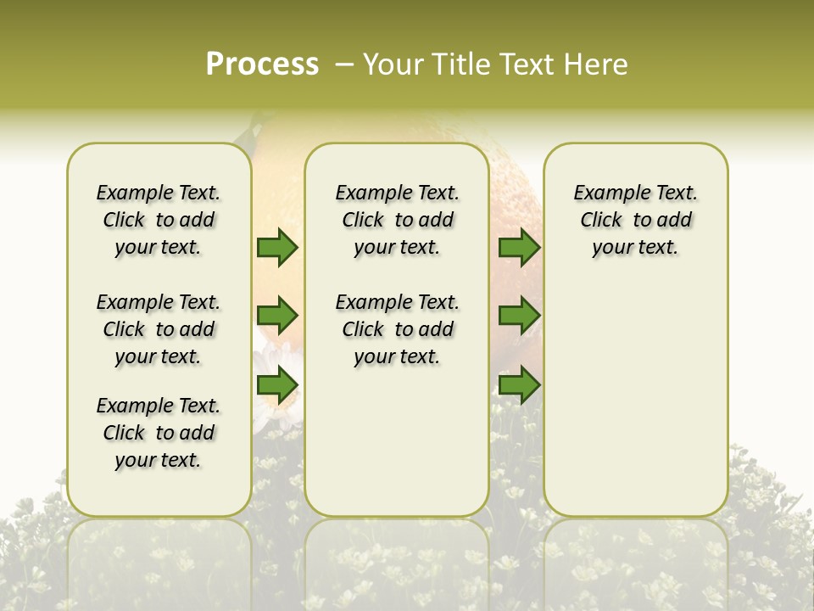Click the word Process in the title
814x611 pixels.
262,64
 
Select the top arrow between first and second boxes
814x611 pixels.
277,247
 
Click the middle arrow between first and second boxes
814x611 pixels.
277,316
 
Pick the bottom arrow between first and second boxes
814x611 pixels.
277,386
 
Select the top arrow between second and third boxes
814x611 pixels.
519,247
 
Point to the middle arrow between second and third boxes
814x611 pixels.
519,316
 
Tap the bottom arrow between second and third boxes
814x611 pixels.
519,386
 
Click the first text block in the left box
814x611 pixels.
159,220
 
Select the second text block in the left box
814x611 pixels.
159,329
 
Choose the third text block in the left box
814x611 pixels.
159,433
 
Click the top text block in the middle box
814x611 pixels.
397,220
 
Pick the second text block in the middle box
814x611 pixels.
397,329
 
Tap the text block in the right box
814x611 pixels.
635,220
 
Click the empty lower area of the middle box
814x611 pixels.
397,441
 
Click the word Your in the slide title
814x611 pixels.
392,64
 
